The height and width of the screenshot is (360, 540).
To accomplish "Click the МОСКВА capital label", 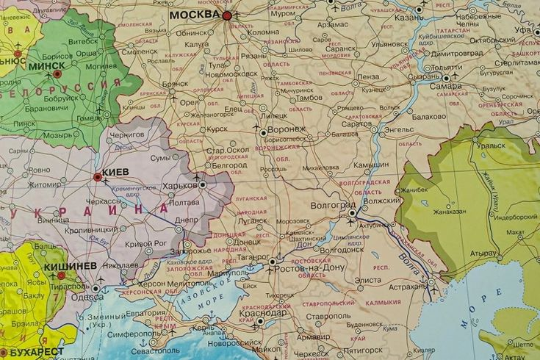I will (194, 14).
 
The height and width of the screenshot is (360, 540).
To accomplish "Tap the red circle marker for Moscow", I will (227, 15).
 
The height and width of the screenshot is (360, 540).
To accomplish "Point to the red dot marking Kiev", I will (97, 176).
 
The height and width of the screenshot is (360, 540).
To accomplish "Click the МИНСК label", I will (31, 65).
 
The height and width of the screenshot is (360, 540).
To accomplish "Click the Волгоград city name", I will (332, 206).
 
